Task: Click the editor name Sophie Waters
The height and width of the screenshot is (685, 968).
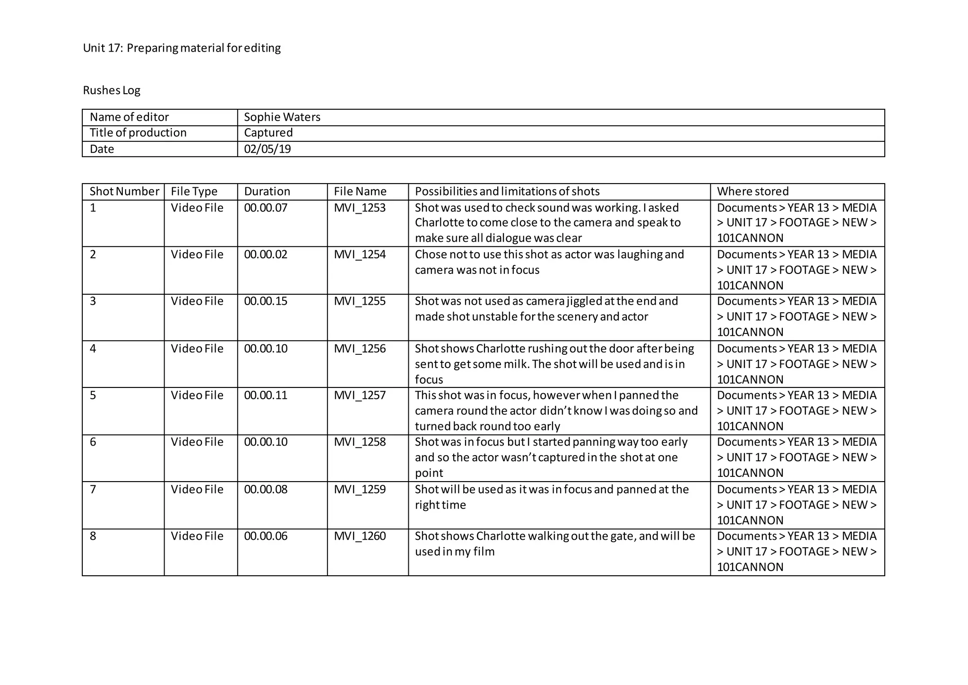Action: [x=282, y=117]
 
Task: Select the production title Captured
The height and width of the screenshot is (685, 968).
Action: [x=268, y=133]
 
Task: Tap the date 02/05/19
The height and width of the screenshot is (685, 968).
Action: [x=267, y=149]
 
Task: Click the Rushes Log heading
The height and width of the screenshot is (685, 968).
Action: [x=112, y=90]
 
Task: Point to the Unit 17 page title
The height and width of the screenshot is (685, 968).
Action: [x=181, y=48]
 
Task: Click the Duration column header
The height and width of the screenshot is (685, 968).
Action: [x=267, y=192]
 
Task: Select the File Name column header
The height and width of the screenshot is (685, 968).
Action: [x=360, y=192]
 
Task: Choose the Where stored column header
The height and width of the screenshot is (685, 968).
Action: [x=752, y=192]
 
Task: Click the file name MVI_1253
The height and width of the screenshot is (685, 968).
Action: [x=359, y=208]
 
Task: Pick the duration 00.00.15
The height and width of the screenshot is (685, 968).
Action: [x=265, y=301]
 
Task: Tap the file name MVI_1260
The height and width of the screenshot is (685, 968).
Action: [x=359, y=536]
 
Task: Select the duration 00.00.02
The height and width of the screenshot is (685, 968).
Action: [x=265, y=255]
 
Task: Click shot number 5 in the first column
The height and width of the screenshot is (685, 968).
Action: [x=93, y=395]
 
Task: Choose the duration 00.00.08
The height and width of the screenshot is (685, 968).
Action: [x=265, y=490]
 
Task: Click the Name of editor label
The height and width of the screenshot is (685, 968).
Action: [x=129, y=117]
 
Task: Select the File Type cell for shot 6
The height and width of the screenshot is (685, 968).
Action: [x=197, y=442]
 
